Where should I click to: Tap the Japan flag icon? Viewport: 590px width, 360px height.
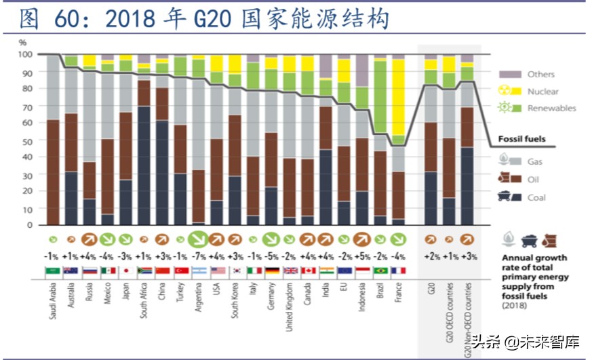125,271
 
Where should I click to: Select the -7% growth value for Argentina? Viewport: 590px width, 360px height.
199,258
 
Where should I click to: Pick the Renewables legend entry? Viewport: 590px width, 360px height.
551,108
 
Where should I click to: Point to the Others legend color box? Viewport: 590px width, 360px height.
510,74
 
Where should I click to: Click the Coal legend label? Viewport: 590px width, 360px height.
536,197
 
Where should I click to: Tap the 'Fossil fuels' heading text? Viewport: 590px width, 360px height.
522,138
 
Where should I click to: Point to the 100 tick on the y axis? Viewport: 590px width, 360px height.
25,54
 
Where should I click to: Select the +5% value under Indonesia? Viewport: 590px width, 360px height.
361,258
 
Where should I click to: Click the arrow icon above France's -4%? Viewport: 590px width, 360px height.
398,239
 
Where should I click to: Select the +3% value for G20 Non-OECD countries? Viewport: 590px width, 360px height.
467,258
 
